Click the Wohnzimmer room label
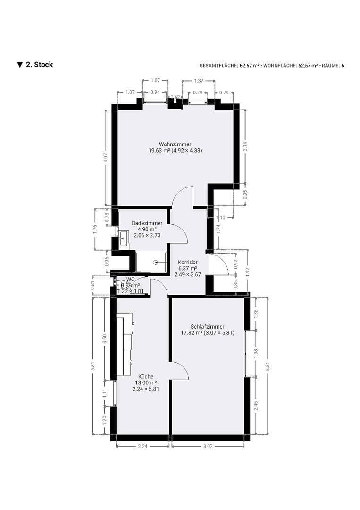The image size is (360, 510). click(175, 144)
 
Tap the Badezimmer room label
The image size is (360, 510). click(147, 223)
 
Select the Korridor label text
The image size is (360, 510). click(187, 262)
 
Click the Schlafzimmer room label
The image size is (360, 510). click(208, 326)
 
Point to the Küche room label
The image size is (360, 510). click(146, 376)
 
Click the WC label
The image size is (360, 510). click(130, 279)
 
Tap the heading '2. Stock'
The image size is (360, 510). click(39, 65)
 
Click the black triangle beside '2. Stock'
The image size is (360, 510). click(20, 65)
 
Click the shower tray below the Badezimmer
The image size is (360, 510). click(151, 263)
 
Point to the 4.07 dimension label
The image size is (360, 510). click(107, 159)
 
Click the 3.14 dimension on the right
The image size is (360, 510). click(245, 146)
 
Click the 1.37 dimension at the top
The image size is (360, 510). click(199, 81)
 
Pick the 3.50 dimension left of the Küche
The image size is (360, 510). click(105, 339)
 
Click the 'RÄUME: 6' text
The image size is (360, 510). click(333, 66)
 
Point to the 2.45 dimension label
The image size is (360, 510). click(256, 406)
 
